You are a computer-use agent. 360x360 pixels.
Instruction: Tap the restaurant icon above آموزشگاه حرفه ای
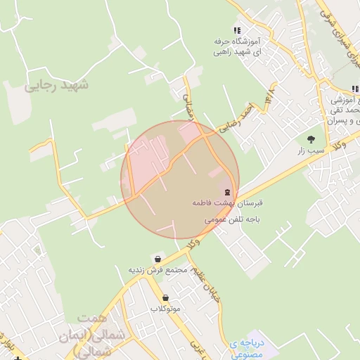[237, 31]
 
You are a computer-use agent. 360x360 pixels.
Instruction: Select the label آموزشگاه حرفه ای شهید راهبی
[237, 47]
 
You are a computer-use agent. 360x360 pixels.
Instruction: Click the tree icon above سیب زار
[311, 139]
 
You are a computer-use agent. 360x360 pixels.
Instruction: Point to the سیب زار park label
[311, 150]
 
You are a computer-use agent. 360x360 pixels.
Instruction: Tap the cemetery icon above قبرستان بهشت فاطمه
[227, 192]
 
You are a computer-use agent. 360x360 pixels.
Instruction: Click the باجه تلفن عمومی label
[233, 219]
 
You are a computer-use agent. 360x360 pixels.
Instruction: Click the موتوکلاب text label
[165, 309]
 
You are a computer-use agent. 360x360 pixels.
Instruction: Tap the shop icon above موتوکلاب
[165, 297]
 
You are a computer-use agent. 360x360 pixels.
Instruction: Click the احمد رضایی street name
[235, 117]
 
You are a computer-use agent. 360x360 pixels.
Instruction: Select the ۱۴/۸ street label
[269, 98]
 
